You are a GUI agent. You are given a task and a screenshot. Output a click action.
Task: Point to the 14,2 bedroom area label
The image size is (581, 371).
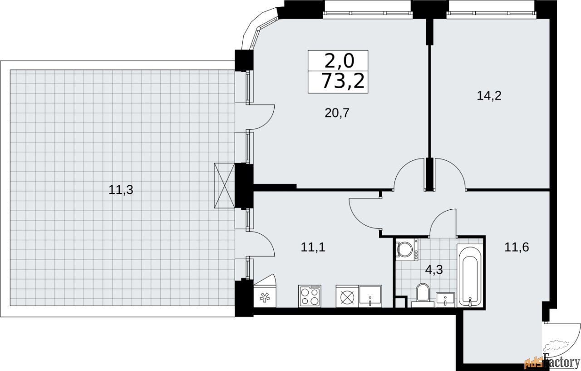(489, 96)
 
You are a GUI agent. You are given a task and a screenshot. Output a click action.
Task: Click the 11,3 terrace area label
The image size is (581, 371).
(121, 190)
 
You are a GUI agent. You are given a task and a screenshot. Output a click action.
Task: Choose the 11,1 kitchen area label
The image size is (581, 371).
(313, 247)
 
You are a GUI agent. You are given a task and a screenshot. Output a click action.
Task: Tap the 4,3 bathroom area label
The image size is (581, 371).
(433, 269)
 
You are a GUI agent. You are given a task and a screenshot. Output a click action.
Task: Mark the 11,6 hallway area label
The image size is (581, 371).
(517, 247)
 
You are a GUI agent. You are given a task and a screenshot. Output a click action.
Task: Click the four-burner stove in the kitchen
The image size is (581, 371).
(310, 296)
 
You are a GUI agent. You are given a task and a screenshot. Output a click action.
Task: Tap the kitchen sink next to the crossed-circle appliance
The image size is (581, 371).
(370, 296)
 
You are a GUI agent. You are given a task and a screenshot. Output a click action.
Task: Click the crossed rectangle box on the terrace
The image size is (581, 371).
(224, 186)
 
